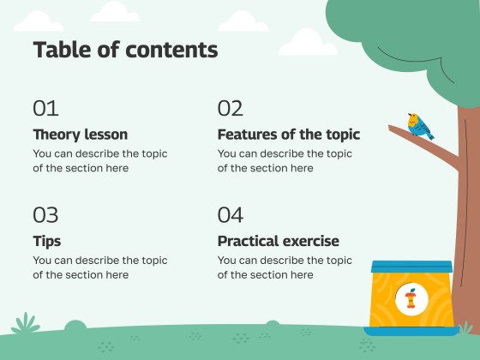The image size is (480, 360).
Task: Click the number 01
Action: (x=45, y=108)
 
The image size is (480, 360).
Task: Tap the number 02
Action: (x=230, y=108)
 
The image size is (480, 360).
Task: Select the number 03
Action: (x=45, y=214)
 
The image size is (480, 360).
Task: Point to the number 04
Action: (x=230, y=214)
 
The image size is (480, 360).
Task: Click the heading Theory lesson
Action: (x=80, y=135)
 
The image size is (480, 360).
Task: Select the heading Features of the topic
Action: (x=288, y=135)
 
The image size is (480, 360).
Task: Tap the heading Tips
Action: (x=46, y=241)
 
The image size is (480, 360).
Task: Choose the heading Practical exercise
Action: (x=278, y=241)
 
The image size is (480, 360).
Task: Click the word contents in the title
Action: (x=171, y=50)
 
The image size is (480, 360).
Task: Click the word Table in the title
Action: (x=61, y=50)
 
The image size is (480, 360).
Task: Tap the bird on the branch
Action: (x=419, y=125)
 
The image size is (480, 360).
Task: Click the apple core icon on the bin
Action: (x=411, y=299)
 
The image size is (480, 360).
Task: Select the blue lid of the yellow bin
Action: (x=411, y=267)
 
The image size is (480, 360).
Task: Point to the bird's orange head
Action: (x=413, y=117)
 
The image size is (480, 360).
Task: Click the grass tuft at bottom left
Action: (x=26, y=325)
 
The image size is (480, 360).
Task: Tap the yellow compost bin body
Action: (x=387, y=300)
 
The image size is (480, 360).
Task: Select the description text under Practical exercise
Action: (x=285, y=267)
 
